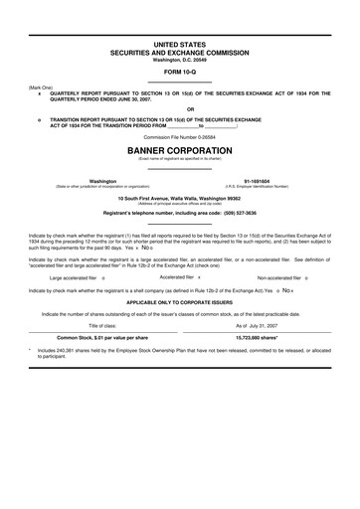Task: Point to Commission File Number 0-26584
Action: (x=180, y=135)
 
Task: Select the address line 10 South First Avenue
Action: (x=180, y=199)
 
